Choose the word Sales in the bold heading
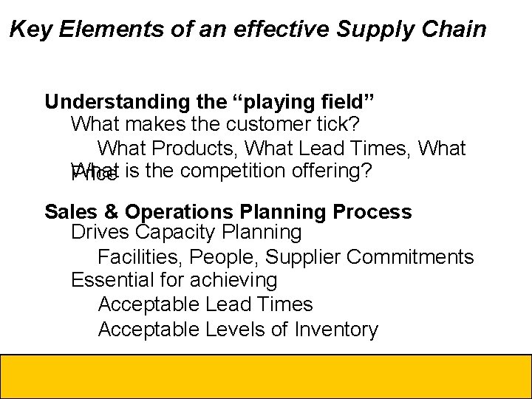[69, 212]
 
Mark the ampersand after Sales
[109, 212]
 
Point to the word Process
[372, 212]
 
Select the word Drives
[100, 233]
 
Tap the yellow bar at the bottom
[266, 376]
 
